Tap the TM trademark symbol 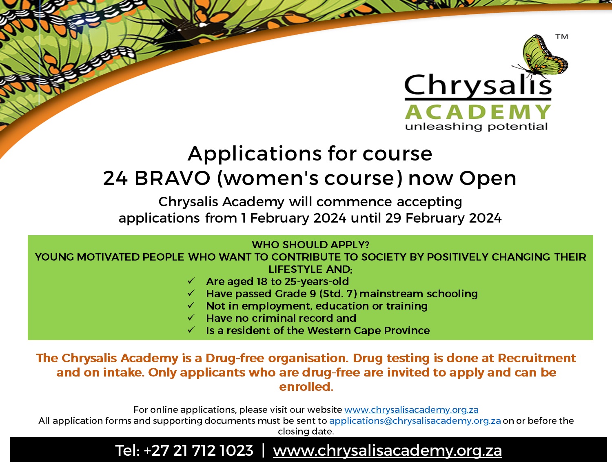coord(561,37)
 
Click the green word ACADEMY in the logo coord(478,112)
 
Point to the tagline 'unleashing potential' coord(477,127)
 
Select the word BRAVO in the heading coord(172,178)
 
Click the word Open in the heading coord(488,178)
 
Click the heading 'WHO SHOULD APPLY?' coord(310,245)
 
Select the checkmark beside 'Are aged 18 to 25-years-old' coord(191,281)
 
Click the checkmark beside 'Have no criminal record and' coord(191,318)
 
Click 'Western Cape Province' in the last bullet coord(368,330)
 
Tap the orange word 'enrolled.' coord(306,387)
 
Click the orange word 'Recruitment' coord(537,358)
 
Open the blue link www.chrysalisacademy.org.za coord(411,410)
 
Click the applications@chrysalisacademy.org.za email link coord(415,421)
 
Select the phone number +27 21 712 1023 coord(198,451)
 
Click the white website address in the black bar coord(387,451)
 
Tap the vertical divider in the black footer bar coord(263,450)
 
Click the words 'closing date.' coord(306,431)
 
